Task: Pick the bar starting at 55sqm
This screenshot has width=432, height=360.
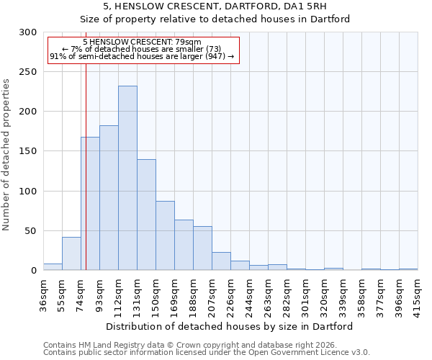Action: pyautogui.click(x=71, y=253)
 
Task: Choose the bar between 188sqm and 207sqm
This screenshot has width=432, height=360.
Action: pyautogui.click(x=202, y=248)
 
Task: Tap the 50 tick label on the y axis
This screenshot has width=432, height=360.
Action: pyautogui.click(x=30, y=231)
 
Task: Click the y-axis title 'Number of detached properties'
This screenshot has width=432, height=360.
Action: pyautogui.click(x=6, y=155)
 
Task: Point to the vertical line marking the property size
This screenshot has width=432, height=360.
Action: pyautogui.click(x=86, y=166)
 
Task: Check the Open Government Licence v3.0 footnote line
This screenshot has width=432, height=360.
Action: pyautogui.click(x=207, y=352)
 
